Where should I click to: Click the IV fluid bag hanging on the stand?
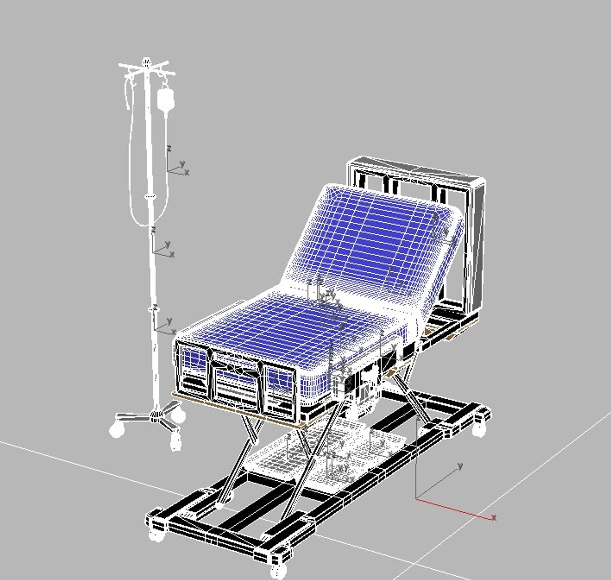click(165, 100)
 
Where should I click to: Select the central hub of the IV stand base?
click(156, 414)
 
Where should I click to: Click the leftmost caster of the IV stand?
click(117, 430)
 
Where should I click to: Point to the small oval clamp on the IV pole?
click(151, 197)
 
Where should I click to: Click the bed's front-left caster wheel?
click(156, 534)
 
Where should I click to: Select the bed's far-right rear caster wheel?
click(479, 430)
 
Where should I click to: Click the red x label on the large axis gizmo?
click(493, 517)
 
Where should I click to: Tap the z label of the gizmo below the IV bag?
click(169, 148)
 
